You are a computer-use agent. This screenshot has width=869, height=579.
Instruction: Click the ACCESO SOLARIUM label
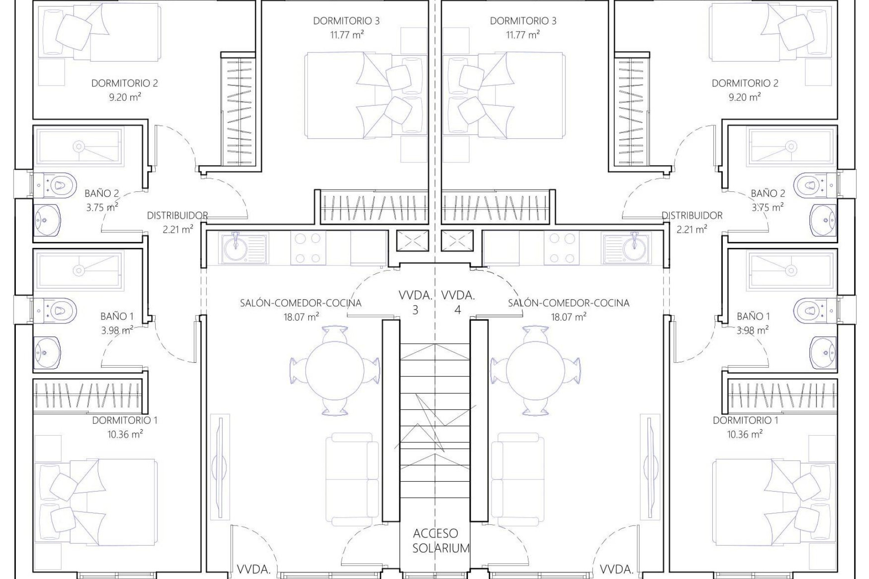pyautogui.click(x=435, y=541)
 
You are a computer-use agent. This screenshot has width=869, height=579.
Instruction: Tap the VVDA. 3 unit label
pyautogui.click(x=415, y=303)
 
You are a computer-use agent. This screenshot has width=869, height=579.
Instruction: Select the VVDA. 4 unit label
pyautogui.click(x=458, y=303)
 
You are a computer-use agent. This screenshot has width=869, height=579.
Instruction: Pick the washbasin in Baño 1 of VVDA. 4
pyautogui.click(x=824, y=352)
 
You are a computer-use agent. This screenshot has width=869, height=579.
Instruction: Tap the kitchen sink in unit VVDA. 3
pyautogui.click(x=236, y=248)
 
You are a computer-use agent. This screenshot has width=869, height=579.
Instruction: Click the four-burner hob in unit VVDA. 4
pyautogui.click(x=561, y=248)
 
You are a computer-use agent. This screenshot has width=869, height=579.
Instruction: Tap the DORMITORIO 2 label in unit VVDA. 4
pyautogui.click(x=745, y=83)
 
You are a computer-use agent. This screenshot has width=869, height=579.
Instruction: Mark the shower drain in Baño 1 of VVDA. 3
pyautogui.click(x=79, y=270)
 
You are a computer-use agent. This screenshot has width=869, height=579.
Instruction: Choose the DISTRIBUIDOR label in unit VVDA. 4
pyautogui.click(x=692, y=216)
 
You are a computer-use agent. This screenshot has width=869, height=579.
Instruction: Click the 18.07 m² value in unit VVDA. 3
pyautogui.click(x=301, y=317)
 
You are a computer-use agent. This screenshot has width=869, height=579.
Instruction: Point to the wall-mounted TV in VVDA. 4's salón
pyautogui.click(x=649, y=466)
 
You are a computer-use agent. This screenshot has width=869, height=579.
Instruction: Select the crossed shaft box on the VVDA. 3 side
pyautogui.click(x=412, y=240)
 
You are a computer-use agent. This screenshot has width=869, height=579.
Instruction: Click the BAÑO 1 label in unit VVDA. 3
pyautogui.click(x=117, y=316)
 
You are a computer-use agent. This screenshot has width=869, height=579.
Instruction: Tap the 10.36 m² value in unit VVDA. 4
pyautogui.click(x=745, y=434)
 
